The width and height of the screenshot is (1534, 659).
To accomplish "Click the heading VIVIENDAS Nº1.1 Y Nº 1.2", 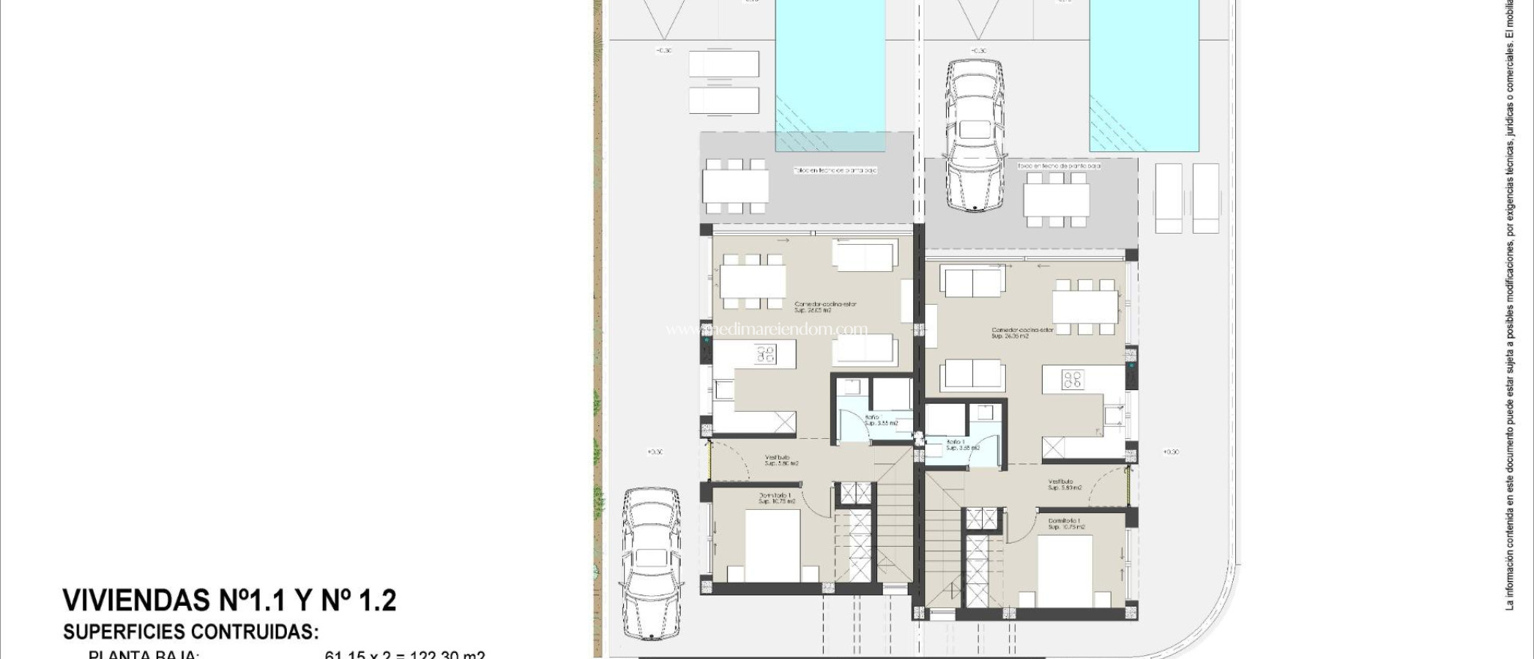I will pos(229,601).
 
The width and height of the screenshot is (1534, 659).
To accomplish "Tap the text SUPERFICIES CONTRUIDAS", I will pos(191,632).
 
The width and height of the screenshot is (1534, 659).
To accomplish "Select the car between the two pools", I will pos(974,135).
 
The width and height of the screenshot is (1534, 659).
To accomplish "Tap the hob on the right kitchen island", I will pos(1072,379).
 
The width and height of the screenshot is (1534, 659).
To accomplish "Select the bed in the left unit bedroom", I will pos(773,548).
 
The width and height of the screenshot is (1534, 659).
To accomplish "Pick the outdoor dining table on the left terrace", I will pos(736,186).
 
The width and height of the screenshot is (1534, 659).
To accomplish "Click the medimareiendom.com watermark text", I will pos(767,329).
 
